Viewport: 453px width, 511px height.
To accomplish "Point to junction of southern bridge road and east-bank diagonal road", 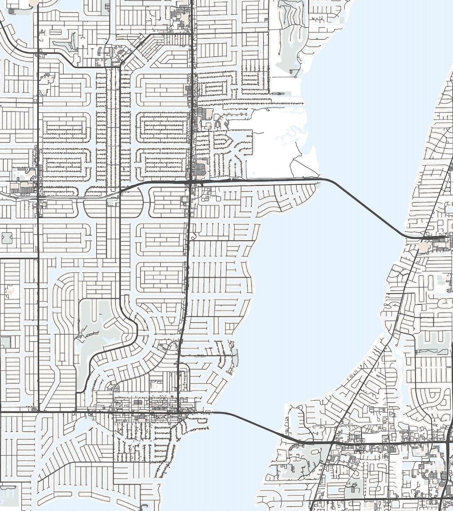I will coord(332,443).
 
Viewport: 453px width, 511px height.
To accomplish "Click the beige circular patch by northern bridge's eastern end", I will coord(424,247).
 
